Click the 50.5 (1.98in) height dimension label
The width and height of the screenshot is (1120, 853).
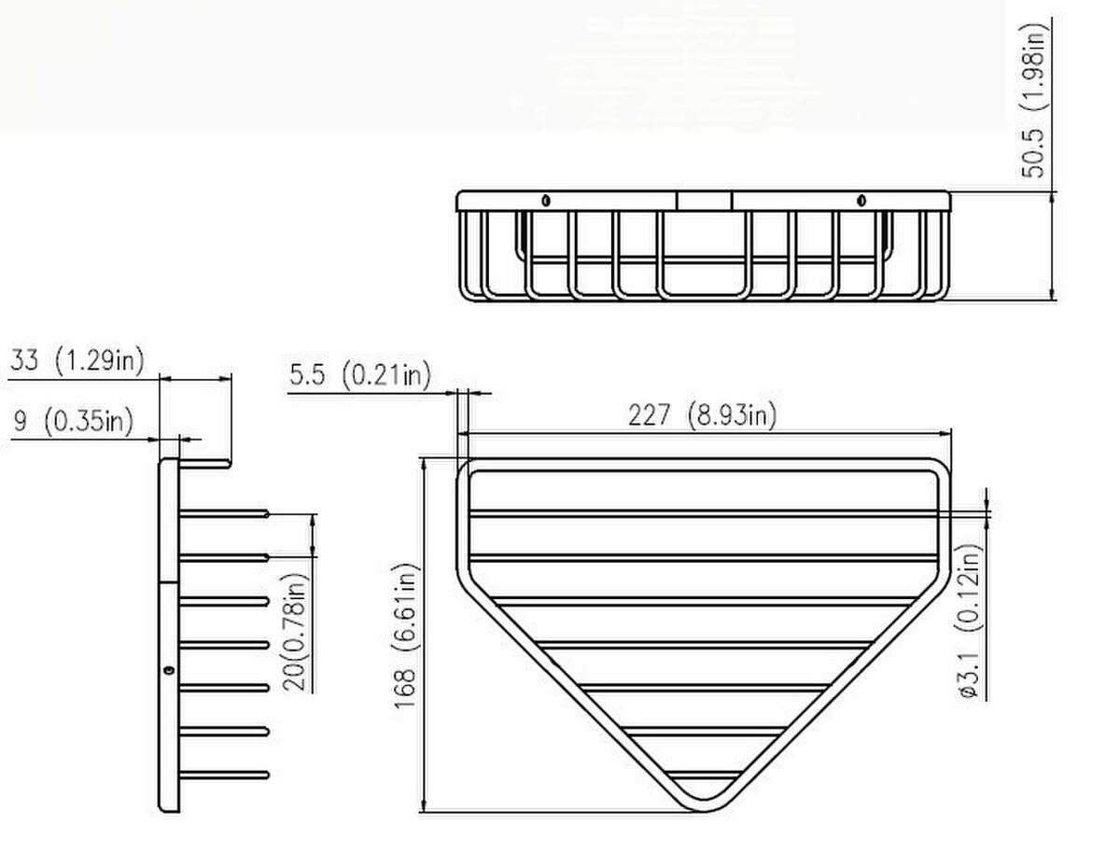[1033, 101]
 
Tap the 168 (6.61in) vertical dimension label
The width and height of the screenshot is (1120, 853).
[406, 636]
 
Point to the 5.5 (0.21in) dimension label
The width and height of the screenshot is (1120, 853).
[360, 375]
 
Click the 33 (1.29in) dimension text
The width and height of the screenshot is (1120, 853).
[77, 360]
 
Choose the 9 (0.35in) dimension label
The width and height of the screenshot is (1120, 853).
[74, 422]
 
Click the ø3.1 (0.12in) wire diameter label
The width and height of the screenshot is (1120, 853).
[969, 621]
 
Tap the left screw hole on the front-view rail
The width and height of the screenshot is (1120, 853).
[545, 201]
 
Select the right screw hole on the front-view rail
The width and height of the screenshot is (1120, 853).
[861, 201]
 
